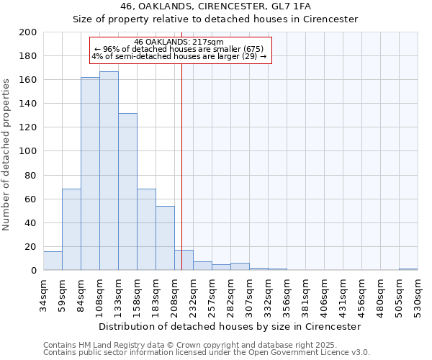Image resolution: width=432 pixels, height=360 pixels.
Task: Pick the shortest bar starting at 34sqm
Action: click(x=53, y=261)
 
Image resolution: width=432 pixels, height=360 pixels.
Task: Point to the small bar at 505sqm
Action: click(x=408, y=269)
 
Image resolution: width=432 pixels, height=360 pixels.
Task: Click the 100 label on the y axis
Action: click(x=28, y=151)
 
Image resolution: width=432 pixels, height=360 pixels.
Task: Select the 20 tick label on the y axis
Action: click(x=31, y=246)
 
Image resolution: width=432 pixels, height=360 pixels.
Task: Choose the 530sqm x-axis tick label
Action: click(x=418, y=294)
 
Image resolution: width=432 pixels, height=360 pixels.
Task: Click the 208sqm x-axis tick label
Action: click(x=174, y=294)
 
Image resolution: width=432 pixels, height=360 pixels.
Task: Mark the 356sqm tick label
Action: click(x=287, y=294)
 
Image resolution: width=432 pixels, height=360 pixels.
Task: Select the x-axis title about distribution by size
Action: click(x=229, y=326)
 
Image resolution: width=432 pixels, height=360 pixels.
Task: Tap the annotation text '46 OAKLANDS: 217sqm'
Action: click(x=179, y=42)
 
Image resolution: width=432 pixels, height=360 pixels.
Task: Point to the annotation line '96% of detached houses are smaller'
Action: click(x=179, y=49)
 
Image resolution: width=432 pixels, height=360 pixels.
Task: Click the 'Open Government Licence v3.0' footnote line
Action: click(x=207, y=353)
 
